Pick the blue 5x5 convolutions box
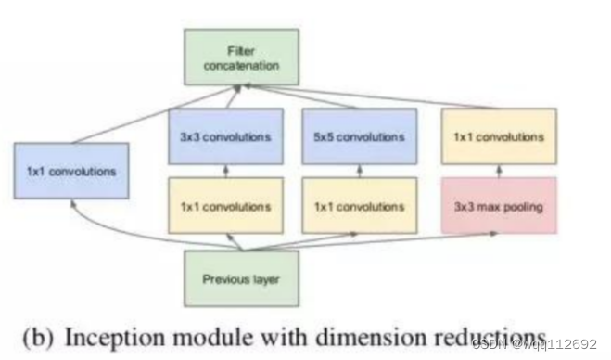[x=353, y=136]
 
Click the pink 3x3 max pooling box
[x=499, y=206]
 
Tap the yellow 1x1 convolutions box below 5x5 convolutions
[x=353, y=206]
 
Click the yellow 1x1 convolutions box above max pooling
[x=499, y=136]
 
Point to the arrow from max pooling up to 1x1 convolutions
[x=499, y=172]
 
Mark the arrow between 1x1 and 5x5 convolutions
[x=353, y=172]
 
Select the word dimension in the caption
[x=364, y=335]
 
